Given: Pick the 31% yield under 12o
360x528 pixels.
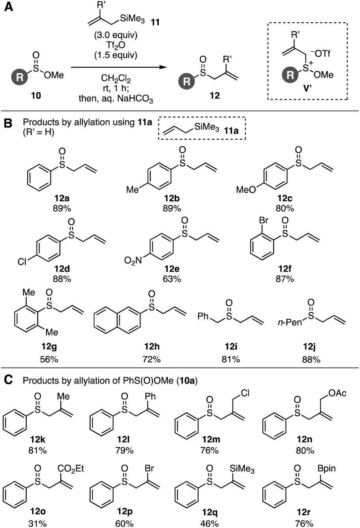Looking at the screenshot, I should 35,523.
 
